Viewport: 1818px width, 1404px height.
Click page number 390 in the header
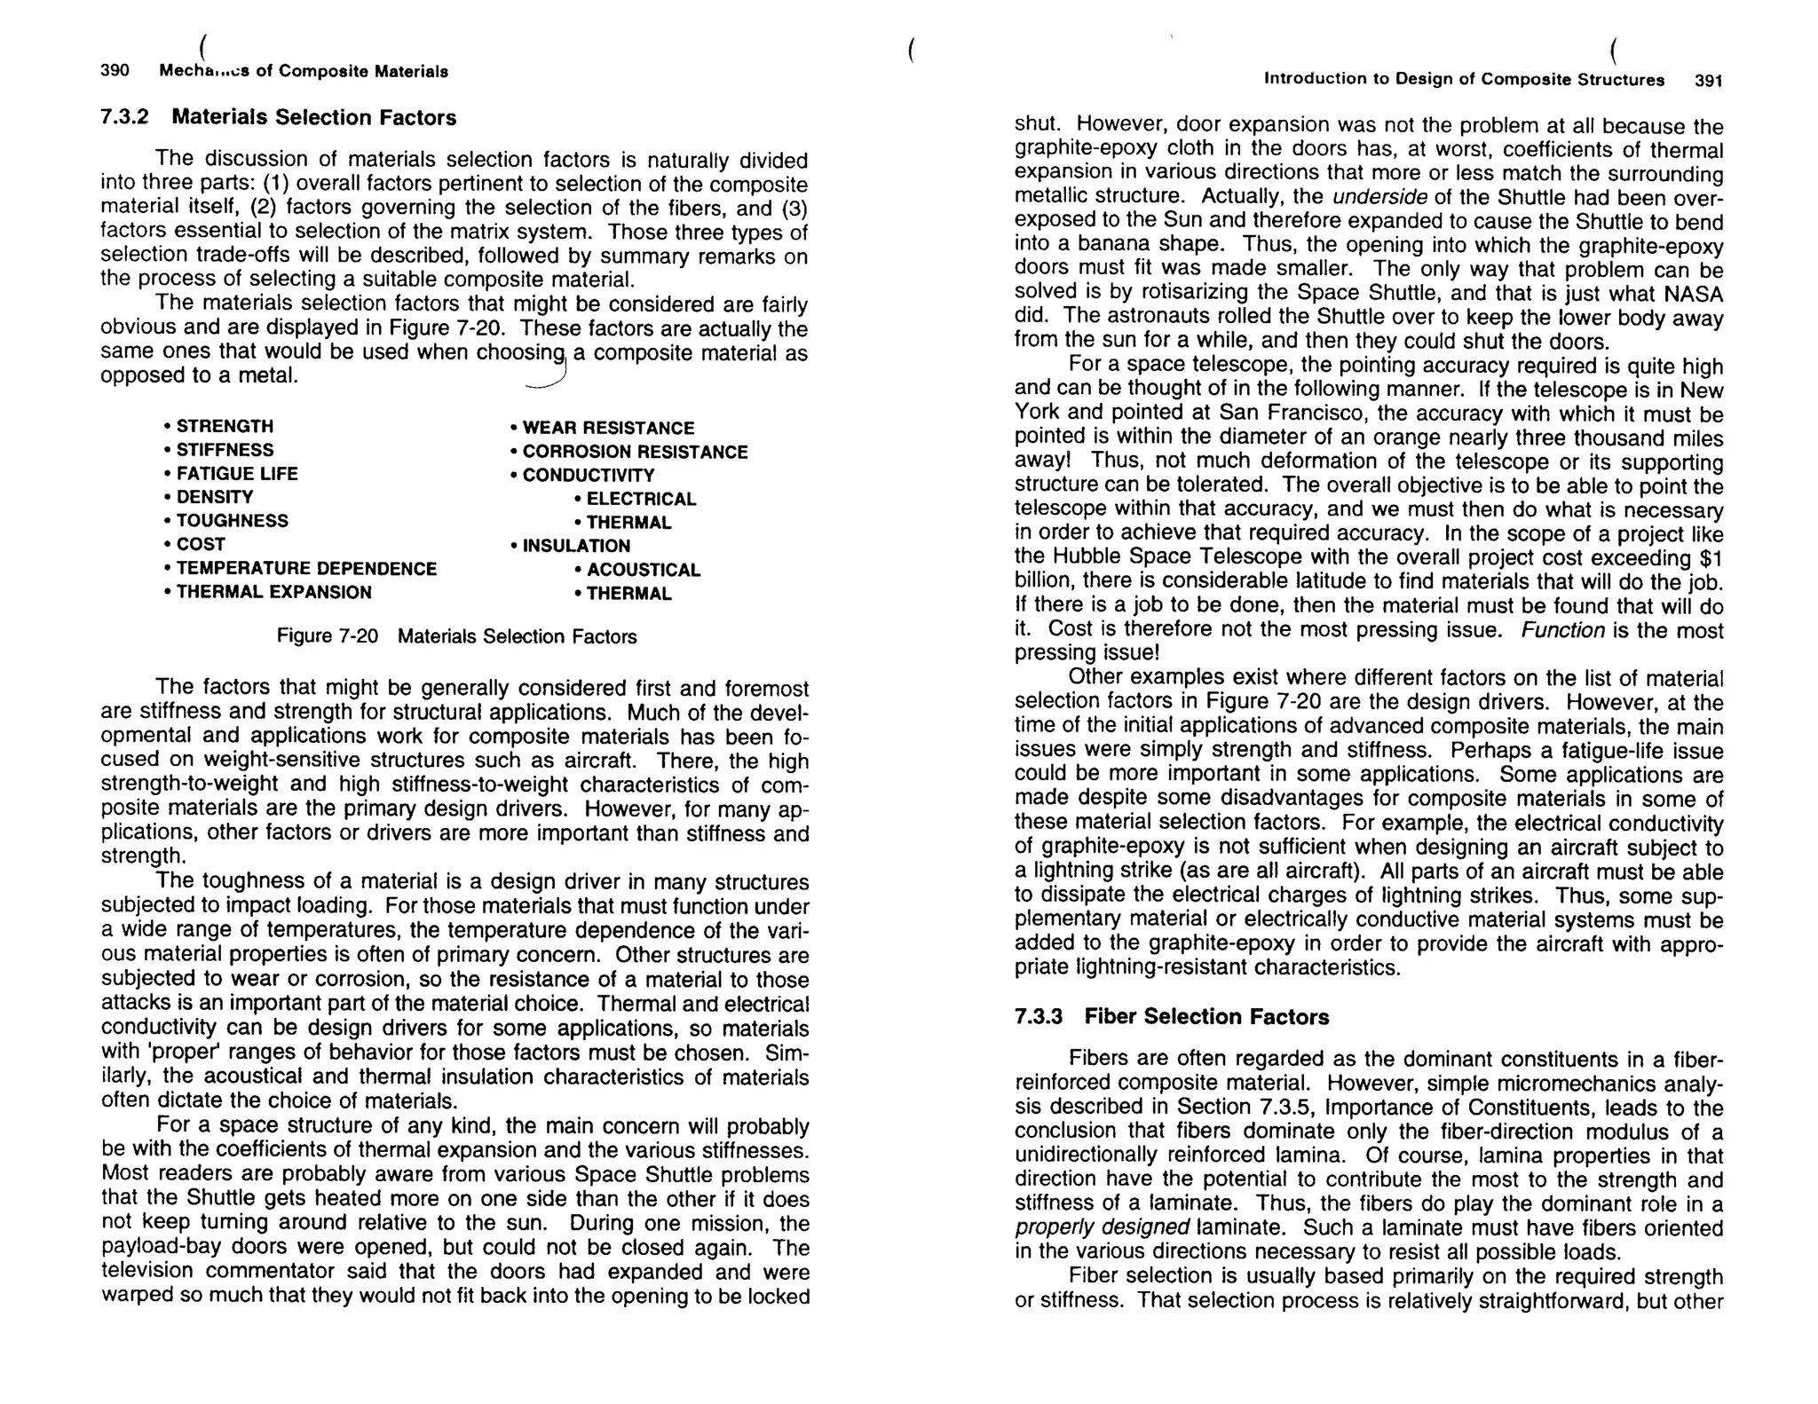[115, 71]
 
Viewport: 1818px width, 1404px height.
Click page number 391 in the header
[1708, 81]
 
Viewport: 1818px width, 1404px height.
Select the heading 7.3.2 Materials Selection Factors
[278, 117]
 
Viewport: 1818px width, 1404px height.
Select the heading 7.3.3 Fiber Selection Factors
[1171, 1017]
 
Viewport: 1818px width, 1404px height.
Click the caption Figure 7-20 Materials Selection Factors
[456, 637]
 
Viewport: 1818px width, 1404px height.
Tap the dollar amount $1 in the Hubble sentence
[1710, 558]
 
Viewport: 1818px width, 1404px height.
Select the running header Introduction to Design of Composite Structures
[1463, 80]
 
